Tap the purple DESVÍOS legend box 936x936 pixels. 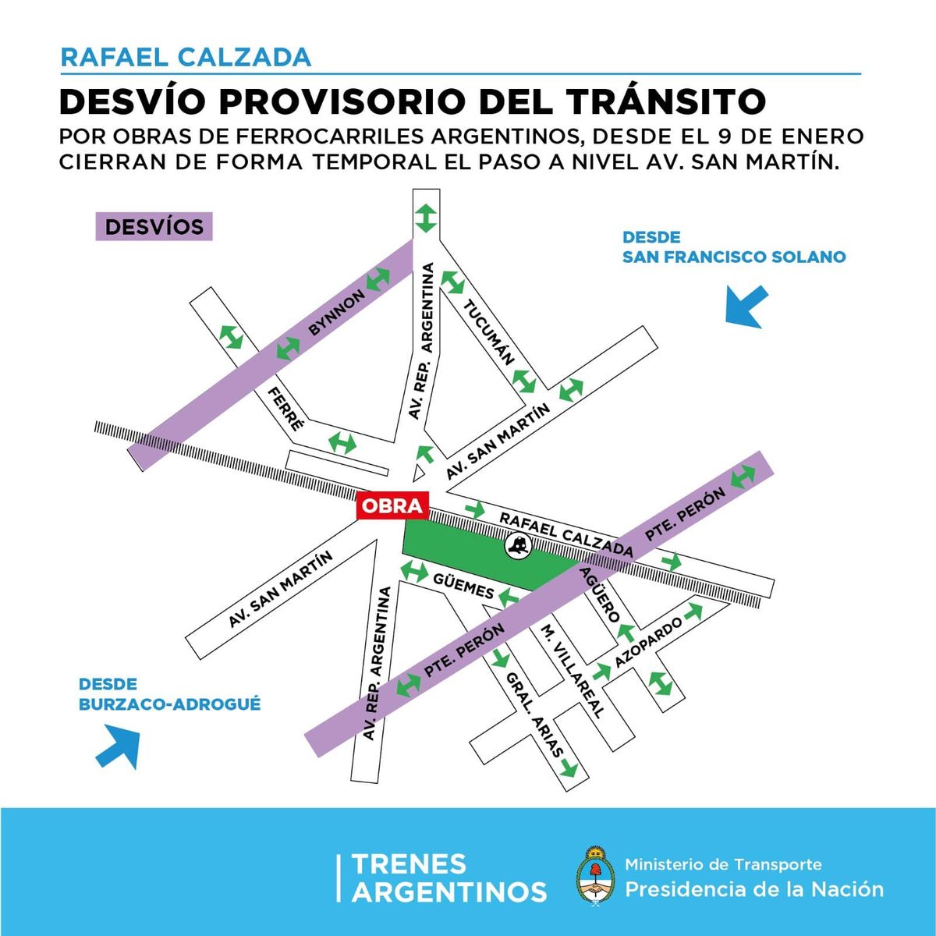pyautogui.click(x=154, y=227)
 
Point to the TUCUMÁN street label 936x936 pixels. pyautogui.click(x=489, y=331)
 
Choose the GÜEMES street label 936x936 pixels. pyautogui.click(x=463, y=586)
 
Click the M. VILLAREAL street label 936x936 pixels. pyautogui.click(x=573, y=671)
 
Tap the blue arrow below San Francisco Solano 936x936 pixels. pyautogui.click(x=746, y=307)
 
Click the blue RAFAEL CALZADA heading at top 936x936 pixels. pyautogui.click(x=186, y=57)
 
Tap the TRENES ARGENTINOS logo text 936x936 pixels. pyautogui.click(x=448, y=877)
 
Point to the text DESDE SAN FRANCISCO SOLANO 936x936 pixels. pyautogui.click(x=733, y=246)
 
